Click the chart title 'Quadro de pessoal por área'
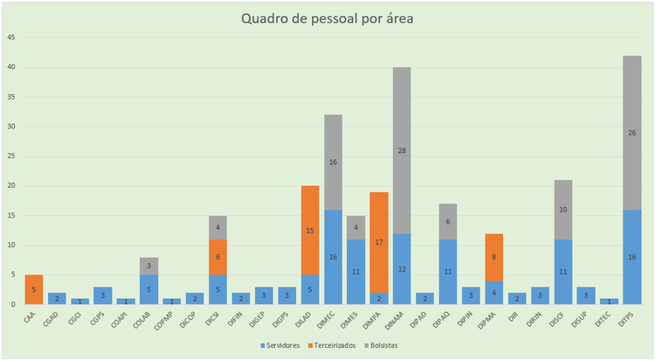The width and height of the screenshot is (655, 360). pyautogui.click(x=327, y=19)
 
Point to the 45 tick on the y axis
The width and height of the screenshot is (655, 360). pyautogui.click(x=10, y=38)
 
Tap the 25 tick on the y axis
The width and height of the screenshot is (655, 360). pyautogui.click(x=10, y=156)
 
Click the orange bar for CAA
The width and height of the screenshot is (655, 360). pyautogui.click(x=34, y=289)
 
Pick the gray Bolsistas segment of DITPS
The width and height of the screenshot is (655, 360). pyautogui.click(x=631, y=133)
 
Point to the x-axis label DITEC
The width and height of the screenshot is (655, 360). pyautogui.click(x=605, y=319)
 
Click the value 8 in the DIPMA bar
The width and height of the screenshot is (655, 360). pyautogui.click(x=495, y=257)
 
